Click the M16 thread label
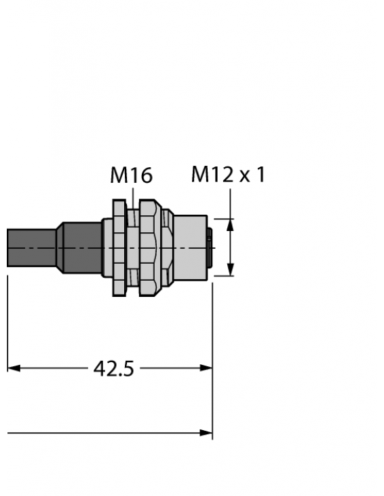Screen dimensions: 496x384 (x=131, y=176)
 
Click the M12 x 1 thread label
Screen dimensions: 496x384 (x=227, y=175)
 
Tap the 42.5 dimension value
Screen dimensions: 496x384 (x=113, y=369)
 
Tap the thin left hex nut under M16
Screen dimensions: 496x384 (x=120, y=247)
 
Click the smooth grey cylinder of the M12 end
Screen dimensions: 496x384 (x=190, y=247)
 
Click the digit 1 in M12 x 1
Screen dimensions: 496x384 (x=258, y=175)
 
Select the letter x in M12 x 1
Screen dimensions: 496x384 (x=243, y=176)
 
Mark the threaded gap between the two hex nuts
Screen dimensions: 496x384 (x=134, y=247)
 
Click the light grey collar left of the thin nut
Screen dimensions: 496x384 (x=107, y=247)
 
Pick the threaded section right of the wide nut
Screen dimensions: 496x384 (x=169, y=247)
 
